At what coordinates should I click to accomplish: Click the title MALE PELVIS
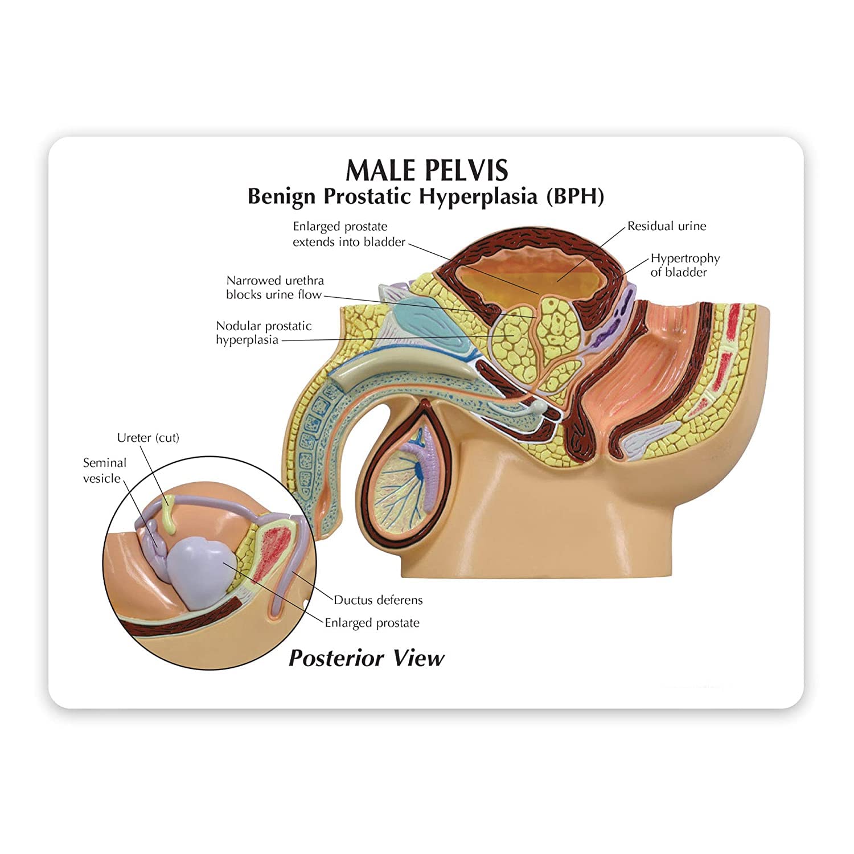click(426, 169)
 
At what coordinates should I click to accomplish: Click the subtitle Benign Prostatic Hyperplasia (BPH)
click(425, 196)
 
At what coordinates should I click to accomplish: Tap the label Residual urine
click(667, 226)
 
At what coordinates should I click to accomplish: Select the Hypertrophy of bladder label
click(685, 265)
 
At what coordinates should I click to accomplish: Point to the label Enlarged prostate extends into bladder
click(348, 234)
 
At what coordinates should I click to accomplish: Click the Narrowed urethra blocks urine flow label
click(275, 288)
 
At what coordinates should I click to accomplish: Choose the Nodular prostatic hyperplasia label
click(264, 333)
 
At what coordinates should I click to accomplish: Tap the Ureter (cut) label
click(148, 438)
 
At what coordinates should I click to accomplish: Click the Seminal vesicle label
click(104, 470)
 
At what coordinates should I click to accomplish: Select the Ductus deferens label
click(378, 600)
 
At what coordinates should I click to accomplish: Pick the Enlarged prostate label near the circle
click(372, 623)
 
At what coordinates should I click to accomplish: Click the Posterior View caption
click(367, 658)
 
